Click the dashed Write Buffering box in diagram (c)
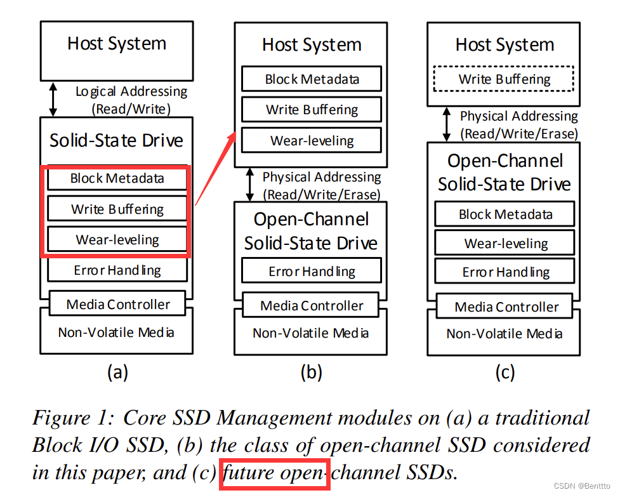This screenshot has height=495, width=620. pos(505,79)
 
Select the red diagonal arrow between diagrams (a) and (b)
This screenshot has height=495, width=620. pos(216,168)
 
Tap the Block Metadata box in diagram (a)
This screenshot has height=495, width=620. pos(117,179)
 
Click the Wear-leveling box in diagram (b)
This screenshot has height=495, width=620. pos(312,141)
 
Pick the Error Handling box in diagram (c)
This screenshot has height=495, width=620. pos(505,273)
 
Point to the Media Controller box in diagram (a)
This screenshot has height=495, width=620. pos(117,304)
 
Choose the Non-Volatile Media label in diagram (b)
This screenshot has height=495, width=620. pos(311,333)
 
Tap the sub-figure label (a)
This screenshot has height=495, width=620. pos(117,373)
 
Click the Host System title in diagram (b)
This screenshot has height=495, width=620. pos(312,45)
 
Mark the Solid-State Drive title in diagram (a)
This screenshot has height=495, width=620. pos(117,140)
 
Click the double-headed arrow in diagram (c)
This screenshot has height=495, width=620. pos(447,124)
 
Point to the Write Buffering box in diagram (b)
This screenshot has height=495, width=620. pos(312,110)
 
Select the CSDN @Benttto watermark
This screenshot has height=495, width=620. pos(583,485)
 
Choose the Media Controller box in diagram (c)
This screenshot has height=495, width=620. pos(506,307)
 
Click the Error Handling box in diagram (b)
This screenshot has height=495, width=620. pos(312,272)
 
